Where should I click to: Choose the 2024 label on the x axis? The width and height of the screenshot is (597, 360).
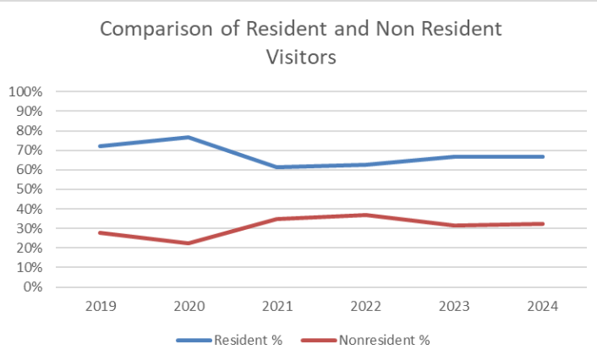[x=543, y=308]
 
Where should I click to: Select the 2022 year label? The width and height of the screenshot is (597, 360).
[x=365, y=308]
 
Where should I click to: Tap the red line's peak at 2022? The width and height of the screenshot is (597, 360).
[x=365, y=215]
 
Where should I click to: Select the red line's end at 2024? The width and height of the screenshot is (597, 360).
[x=543, y=224]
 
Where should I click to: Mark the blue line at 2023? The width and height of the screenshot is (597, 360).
[x=454, y=156]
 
